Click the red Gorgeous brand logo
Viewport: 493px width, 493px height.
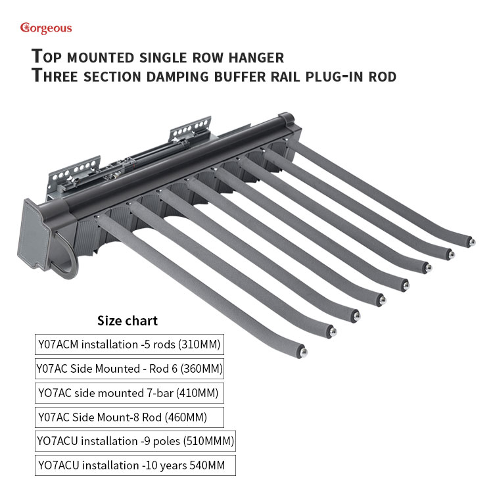point(46,28)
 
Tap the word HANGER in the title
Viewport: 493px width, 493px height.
point(256,58)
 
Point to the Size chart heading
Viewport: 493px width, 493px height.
point(128,321)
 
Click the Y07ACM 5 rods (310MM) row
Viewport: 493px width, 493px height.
point(129,344)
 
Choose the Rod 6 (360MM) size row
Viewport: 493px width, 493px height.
point(129,369)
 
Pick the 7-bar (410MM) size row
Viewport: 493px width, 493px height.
point(129,392)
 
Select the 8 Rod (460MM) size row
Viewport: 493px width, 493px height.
point(129,417)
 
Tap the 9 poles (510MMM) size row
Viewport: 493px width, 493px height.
point(135,441)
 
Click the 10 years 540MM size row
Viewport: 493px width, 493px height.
point(135,465)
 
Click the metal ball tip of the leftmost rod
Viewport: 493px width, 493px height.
point(303,352)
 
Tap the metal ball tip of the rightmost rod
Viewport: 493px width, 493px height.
point(472,242)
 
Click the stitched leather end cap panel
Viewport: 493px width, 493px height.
point(35,234)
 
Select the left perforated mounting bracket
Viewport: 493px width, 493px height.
point(74,173)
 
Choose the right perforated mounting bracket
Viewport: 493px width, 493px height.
point(190,129)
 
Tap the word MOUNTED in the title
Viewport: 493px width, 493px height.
point(101,58)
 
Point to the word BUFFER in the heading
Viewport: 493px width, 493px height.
point(240,77)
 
